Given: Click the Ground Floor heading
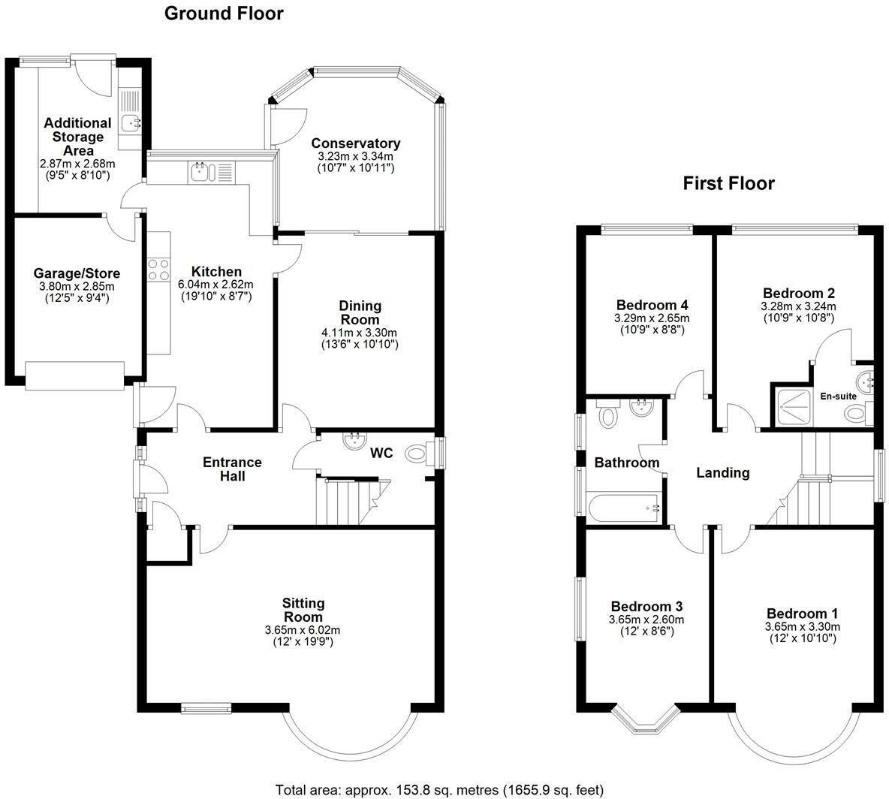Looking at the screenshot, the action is click(x=224, y=14).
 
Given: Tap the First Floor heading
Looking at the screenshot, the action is click(x=728, y=183).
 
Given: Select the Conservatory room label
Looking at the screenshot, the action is click(x=355, y=143).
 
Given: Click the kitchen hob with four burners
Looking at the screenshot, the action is click(x=158, y=270).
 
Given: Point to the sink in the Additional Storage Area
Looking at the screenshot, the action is click(x=131, y=122).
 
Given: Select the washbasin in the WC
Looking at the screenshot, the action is click(x=355, y=441).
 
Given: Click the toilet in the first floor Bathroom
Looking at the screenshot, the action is click(x=607, y=415).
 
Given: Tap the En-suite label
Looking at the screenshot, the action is click(x=838, y=396).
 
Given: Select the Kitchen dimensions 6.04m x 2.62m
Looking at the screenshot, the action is click(x=216, y=284).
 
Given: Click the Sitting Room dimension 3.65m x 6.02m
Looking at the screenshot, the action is click(x=302, y=630).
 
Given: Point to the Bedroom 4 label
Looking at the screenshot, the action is click(x=652, y=305).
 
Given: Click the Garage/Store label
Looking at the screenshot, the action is click(x=77, y=273).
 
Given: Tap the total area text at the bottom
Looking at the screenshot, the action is click(x=439, y=789).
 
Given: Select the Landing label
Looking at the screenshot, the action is click(x=723, y=472).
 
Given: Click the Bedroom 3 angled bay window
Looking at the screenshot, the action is click(x=646, y=720).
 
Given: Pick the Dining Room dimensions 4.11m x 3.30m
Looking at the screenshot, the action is click(x=360, y=333).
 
